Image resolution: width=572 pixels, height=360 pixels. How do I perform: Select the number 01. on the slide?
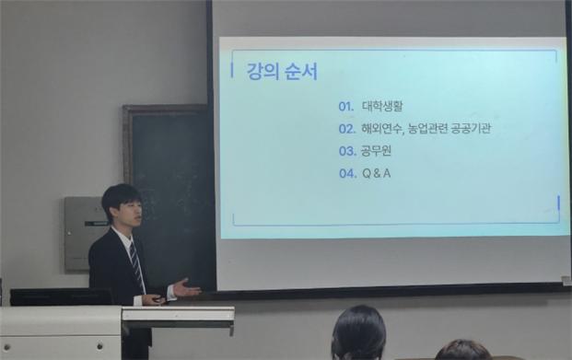[x=346, y=106]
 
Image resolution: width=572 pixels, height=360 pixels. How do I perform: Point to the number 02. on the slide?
[x=346, y=129]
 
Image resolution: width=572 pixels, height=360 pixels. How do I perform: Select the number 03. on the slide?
[x=346, y=151]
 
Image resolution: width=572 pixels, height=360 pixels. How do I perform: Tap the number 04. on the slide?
[x=346, y=173]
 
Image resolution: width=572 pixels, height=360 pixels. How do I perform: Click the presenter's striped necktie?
[x=137, y=266]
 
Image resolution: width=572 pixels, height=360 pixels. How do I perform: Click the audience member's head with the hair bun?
[x=357, y=333]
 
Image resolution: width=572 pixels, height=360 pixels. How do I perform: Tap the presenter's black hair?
[x=121, y=196]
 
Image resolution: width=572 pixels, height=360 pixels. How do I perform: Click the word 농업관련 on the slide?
[x=426, y=129]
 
